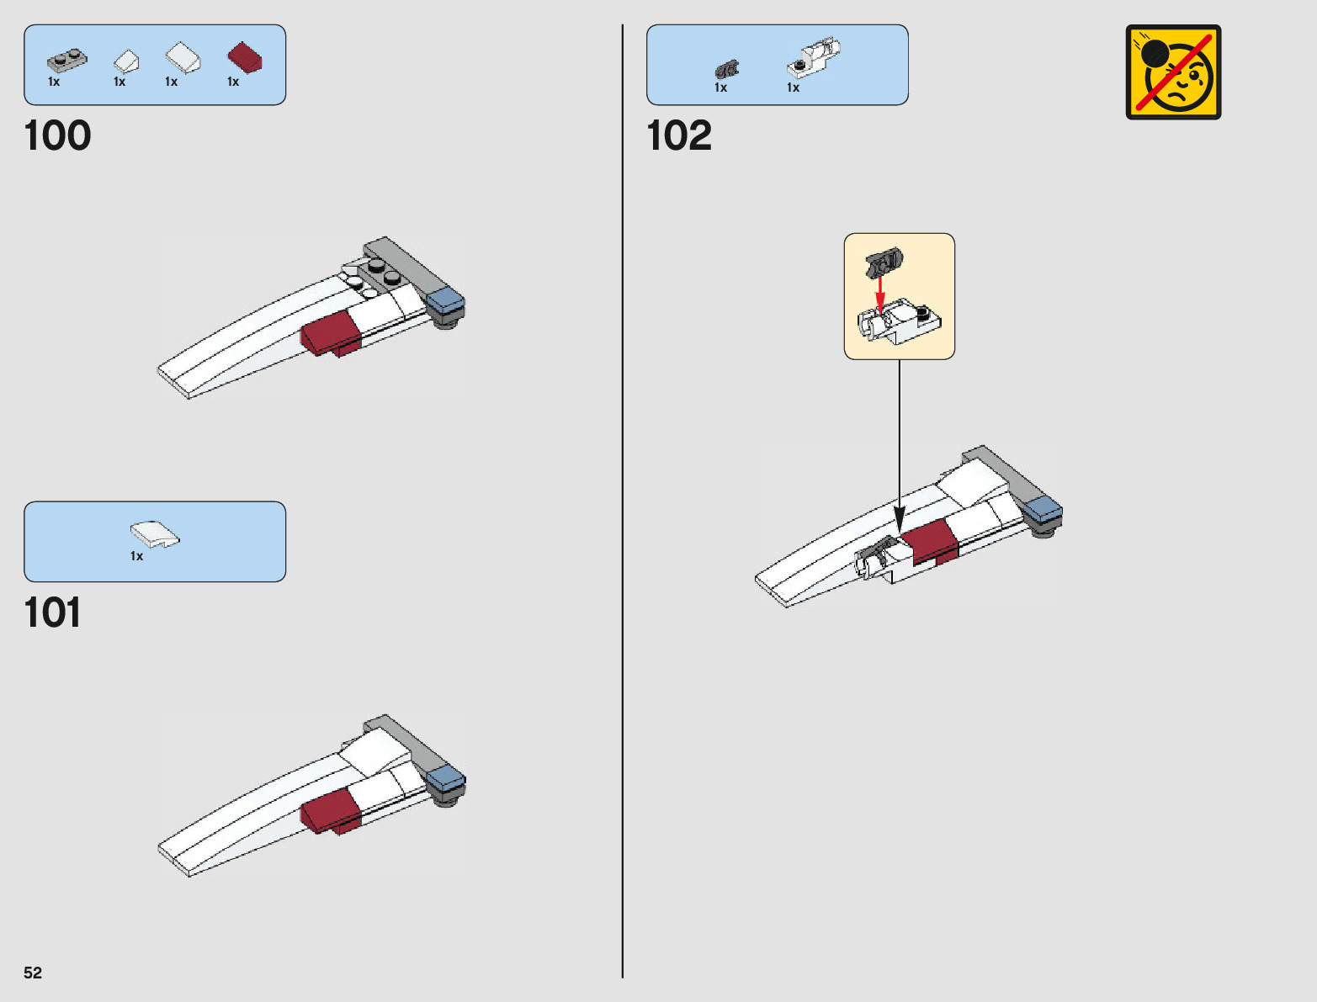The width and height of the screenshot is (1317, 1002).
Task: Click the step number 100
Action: coord(57,135)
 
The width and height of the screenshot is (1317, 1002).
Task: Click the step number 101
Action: coord(52,612)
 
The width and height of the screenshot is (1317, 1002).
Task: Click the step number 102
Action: coord(678,135)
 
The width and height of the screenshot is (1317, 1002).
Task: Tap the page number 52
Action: coord(33,973)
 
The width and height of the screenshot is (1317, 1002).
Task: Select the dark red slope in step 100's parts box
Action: coord(244,57)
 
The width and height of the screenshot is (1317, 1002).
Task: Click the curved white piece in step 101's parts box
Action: coord(154,534)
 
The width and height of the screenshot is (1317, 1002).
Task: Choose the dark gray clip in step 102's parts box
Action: coord(726,70)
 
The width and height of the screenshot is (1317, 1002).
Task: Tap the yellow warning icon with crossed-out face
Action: coord(1173,72)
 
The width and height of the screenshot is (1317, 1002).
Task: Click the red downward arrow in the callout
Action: coord(880,295)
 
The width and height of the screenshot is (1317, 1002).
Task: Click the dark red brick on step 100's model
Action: coord(332,331)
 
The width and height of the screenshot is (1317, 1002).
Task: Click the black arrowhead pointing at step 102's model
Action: coord(899,519)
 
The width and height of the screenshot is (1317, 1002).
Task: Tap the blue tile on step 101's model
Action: coord(445,778)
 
